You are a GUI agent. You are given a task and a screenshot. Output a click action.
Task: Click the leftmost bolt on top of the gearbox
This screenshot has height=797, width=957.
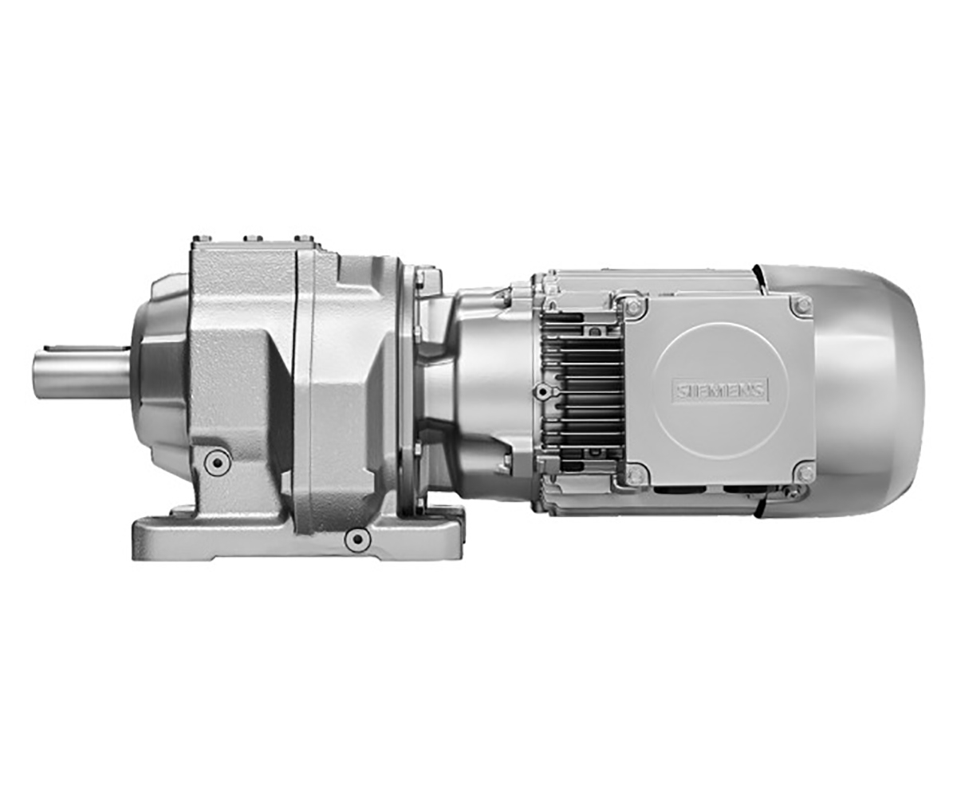click(202, 239)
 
